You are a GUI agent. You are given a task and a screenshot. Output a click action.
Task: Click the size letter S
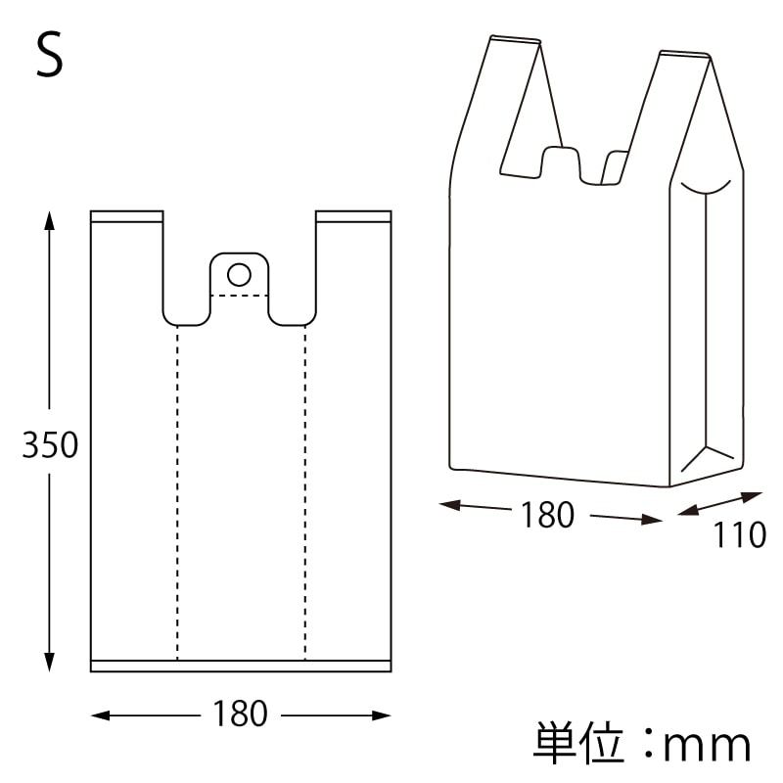pyautogui.click(x=49, y=57)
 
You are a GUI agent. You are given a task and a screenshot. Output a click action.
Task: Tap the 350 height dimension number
pyautogui.click(x=50, y=445)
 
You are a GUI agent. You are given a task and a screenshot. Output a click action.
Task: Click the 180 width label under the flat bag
pyautogui.click(x=240, y=714)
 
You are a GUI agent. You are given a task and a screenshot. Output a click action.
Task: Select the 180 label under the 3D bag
pyautogui.click(x=547, y=514)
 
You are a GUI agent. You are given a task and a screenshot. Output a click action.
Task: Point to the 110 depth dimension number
pyautogui.click(x=739, y=535)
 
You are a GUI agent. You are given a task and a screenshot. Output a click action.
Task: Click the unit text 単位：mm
pyautogui.click(x=642, y=745)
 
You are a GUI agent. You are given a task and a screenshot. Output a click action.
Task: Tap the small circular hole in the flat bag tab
pyautogui.click(x=239, y=272)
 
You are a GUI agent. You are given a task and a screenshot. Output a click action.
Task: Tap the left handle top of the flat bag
pyautogui.click(x=126, y=215)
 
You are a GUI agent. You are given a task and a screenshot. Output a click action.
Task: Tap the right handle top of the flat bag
pyautogui.click(x=353, y=215)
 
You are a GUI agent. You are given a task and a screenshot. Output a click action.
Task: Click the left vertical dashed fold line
pyautogui.click(x=177, y=489)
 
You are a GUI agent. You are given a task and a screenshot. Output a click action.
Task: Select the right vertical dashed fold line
pyautogui.click(x=304, y=489)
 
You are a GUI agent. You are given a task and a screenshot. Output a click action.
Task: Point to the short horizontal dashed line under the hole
pyautogui.click(x=239, y=295)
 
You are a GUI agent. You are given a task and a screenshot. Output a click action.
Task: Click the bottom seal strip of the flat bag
pyautogui.click(x=240, y=666)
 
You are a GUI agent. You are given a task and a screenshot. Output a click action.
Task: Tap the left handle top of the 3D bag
pyautogui.click(x=514, y=40)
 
